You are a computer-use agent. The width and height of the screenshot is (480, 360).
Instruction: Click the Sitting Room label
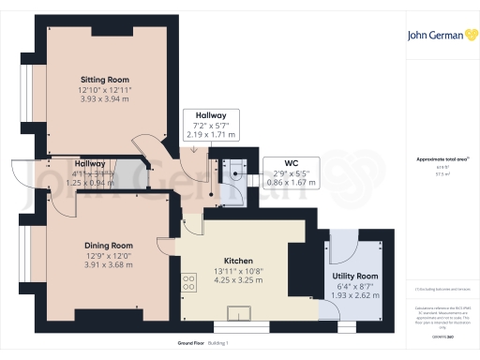click(104, 79)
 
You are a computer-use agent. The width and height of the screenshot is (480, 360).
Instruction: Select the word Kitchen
click(239, 260)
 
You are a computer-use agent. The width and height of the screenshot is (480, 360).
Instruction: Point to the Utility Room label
click(355, 276)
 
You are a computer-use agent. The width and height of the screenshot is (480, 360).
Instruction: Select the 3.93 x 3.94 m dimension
click(104, 97)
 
